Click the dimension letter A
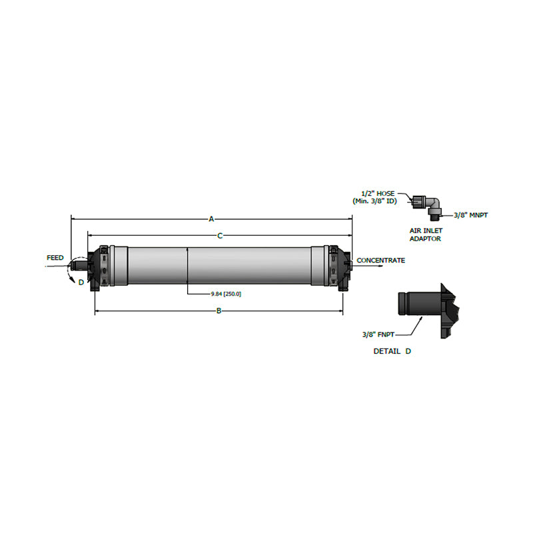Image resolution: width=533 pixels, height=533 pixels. point(212,218)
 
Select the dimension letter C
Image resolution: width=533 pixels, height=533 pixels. point(220,235)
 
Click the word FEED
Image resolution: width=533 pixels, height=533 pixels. point(55,257)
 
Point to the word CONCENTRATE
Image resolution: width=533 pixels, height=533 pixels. point(380,261)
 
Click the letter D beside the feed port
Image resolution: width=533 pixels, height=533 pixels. point(81,282)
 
